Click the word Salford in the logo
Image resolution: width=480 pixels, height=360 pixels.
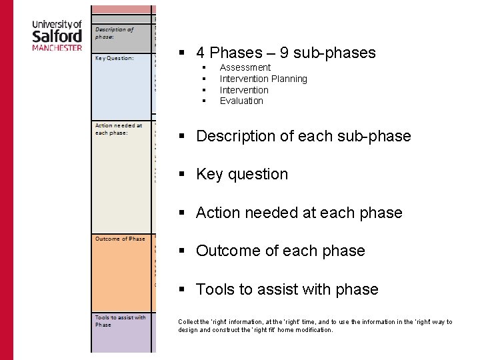pyautogui.click(x=57, y=37)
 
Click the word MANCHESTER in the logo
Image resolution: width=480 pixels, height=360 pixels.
pyautogui.click(x=57, y=48)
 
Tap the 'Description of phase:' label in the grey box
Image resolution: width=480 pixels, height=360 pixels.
pyautogui.click(x=114, y=33)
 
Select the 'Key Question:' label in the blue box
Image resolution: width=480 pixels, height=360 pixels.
pyautogui.click(x=114, y=58)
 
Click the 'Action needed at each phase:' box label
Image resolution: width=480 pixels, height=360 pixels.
pyautogui.click(x=119, y=129)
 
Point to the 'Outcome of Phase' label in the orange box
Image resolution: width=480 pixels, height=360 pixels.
pyautogui.click(x=120, y=239)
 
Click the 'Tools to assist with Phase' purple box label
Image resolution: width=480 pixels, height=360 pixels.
pyautogui.click(x=120, y=321)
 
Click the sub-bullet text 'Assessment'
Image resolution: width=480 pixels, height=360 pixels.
pyautogui.click(x=245, y=67)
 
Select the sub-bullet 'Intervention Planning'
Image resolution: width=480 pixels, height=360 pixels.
pyautogui.click(x=263, y=79)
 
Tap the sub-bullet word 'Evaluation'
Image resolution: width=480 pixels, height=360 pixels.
pyautogui.click(x=241, y=101)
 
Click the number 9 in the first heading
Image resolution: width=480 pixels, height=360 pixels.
pyautogui.click(x=289, y=53)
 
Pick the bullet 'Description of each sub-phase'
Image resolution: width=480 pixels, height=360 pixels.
pyautogui.click(x=303, y=136)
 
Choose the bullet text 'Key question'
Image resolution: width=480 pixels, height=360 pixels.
pyautogui.click(x=242, y=174)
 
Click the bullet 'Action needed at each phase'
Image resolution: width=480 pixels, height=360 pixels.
pyautogui.click(x=299, y=213)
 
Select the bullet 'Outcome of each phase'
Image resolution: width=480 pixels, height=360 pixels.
pyautogui.click(x=280, y=251)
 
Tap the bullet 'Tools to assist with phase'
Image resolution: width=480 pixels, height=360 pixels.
pyautogui.click(x=287, y=289)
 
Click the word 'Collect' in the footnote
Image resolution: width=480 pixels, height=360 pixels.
pyautogui.click(x=188, y=322)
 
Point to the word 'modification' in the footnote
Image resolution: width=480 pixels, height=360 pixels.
pyautogui.click(x=312, y=330)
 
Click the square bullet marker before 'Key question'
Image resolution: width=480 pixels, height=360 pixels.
pyautogui.click(x=181, y=175)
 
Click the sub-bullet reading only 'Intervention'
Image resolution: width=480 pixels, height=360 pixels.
pyautogui.click(x=244, y=90)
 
